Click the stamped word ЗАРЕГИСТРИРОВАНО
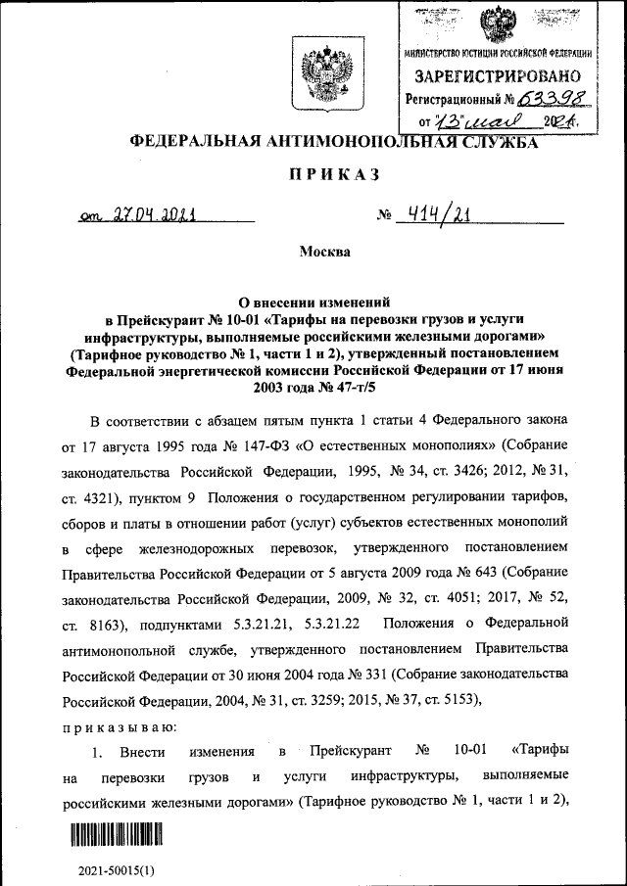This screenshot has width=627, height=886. tap(497, 76)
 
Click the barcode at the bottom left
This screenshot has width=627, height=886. tap(115, 835)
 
